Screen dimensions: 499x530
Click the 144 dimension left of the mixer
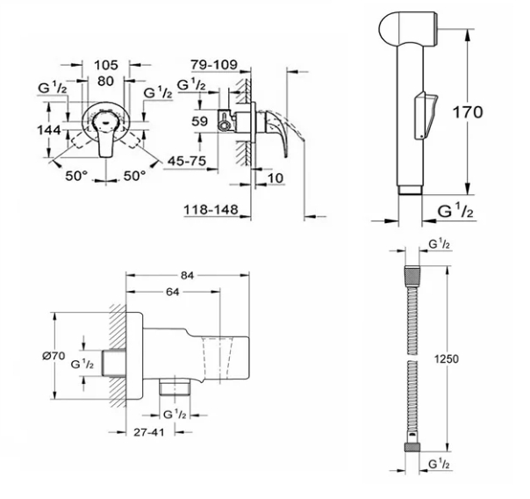point(50,130)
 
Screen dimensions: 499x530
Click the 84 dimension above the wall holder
point(186,274)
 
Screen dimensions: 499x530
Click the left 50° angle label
point(76,177)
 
